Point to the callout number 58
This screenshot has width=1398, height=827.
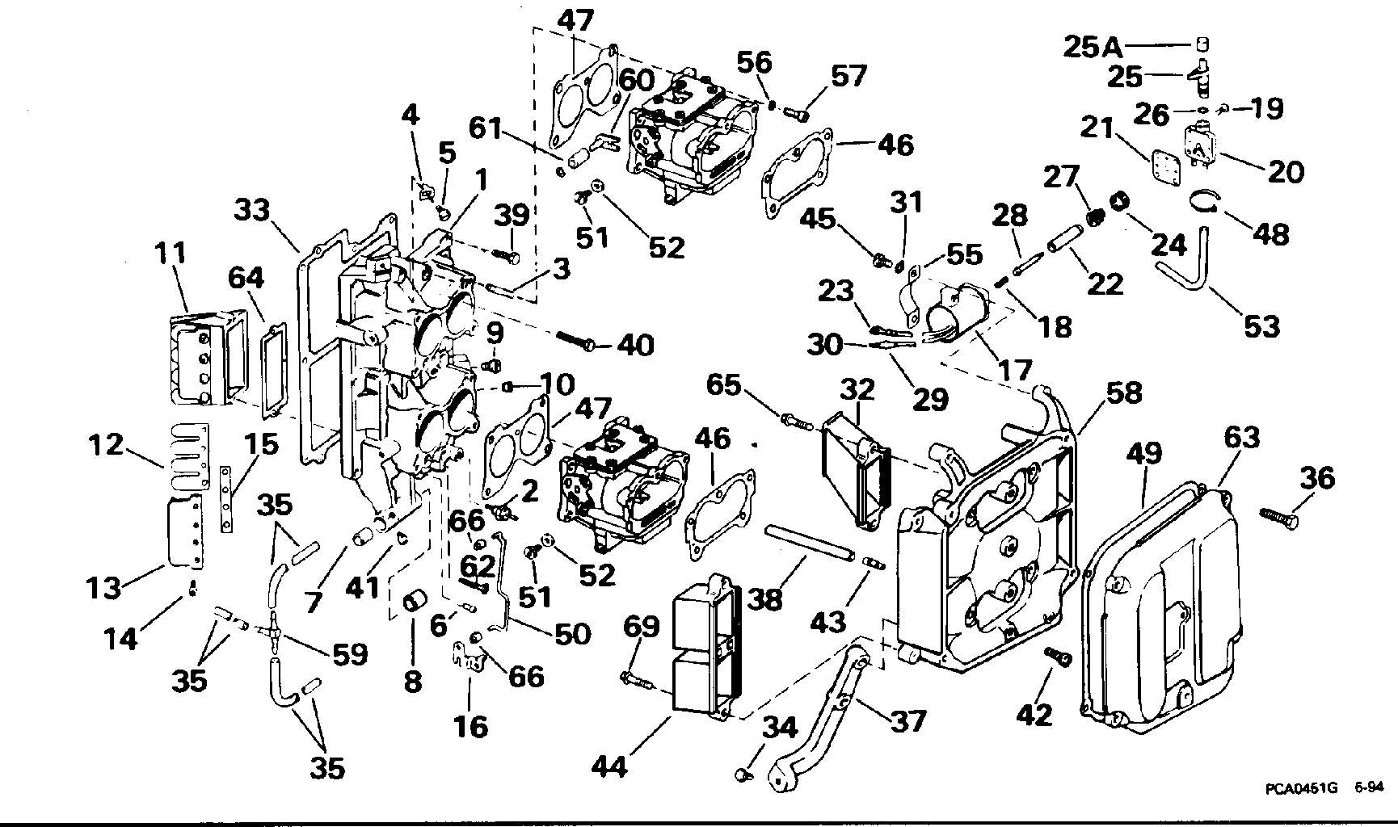pos(1124,393)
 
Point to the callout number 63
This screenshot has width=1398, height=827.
pos(1241,438)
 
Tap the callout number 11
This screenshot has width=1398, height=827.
pos(171,254)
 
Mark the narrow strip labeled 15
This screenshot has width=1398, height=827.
pos(229,498)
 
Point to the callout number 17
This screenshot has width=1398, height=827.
pos(1015,370)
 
